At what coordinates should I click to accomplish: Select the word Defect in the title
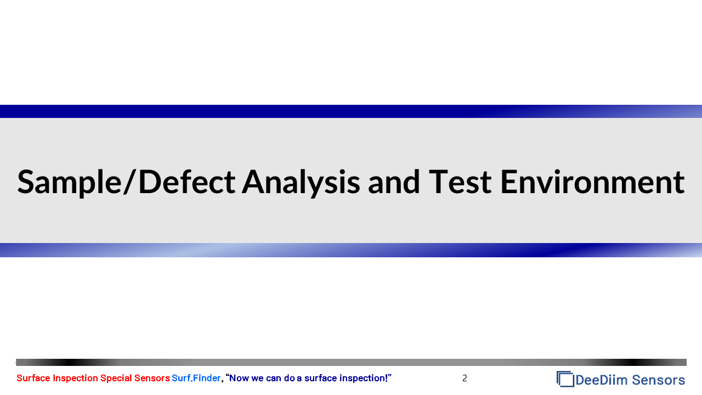point(187,182)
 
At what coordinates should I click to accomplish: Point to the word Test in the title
point(460,182)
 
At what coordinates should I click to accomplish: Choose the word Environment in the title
point(593,182)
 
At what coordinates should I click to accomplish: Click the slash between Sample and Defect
point(130,182)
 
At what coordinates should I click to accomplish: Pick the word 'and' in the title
point(394,182)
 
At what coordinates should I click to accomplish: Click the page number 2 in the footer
point(465,379)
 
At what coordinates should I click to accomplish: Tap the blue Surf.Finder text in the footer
point(196,379)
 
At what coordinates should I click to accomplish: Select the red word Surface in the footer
point(33,378)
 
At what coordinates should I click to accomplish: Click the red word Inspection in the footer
point(75,379)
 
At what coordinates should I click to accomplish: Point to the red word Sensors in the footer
point(152,378)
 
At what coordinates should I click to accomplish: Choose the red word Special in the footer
point(116,379)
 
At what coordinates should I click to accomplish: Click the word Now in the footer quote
point(239,379)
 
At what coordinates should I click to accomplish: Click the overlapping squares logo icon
point(565,379)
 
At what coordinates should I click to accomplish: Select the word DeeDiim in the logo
point(602,380)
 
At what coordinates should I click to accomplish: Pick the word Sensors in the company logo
point(659,380)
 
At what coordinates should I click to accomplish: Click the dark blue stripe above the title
point(351,111)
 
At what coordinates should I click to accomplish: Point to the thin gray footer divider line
point(351,363)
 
